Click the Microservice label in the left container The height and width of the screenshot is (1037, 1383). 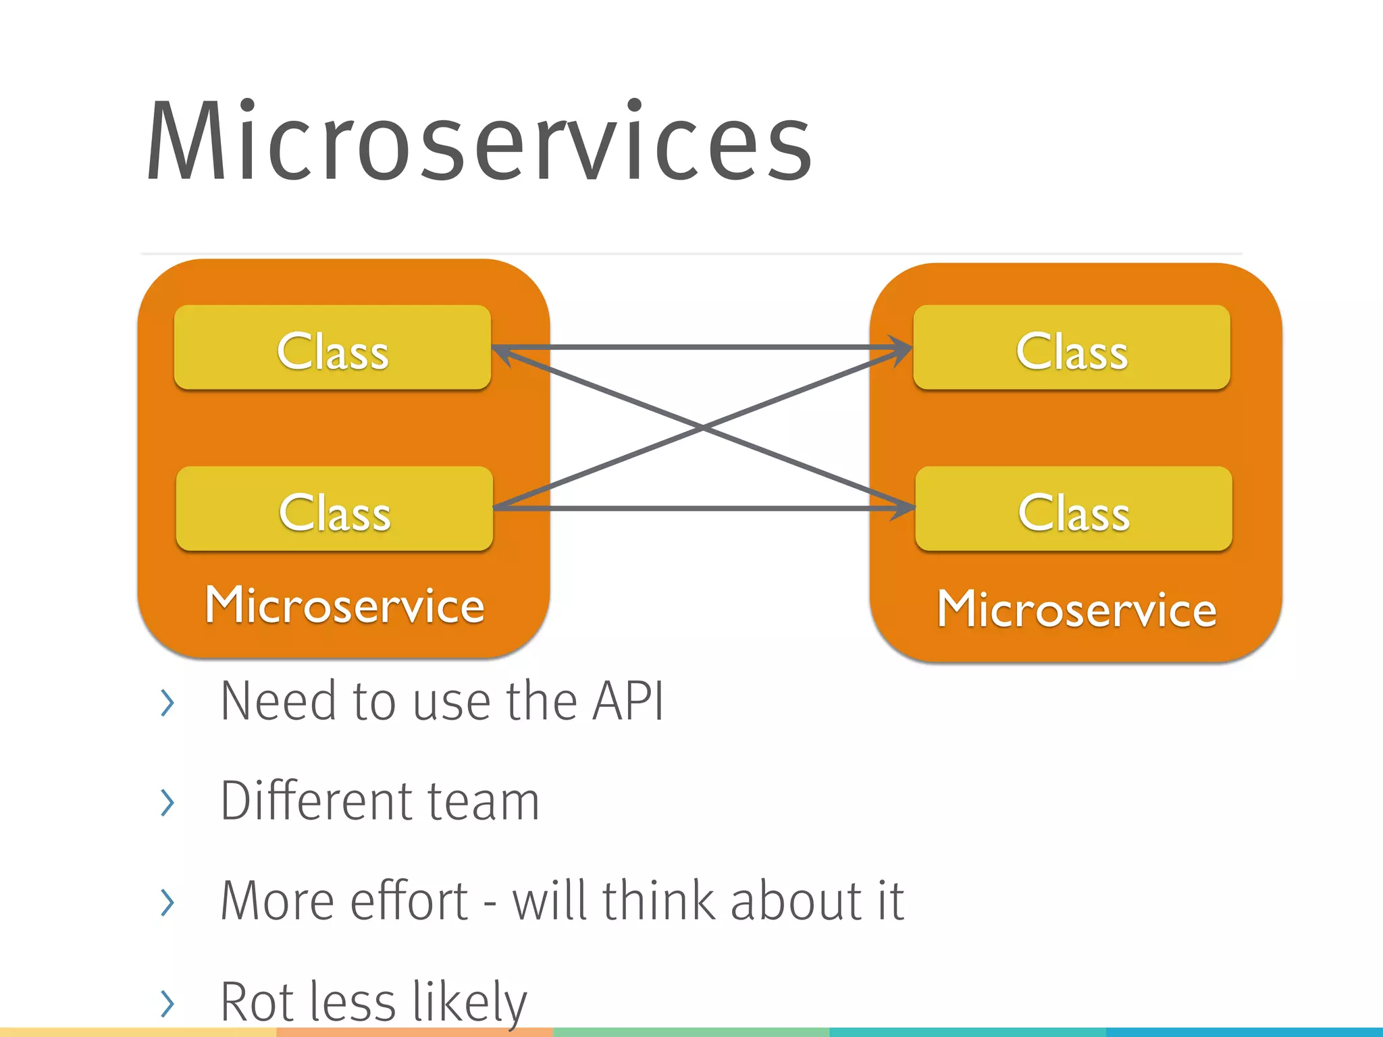344,606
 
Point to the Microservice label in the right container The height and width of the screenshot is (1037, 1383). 1076,610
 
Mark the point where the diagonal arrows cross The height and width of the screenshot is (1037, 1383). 703,428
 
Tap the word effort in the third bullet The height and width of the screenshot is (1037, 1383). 409,901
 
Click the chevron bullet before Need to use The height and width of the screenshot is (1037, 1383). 167,703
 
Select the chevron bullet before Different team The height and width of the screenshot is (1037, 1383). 167,802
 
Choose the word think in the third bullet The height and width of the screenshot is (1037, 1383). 660,901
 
